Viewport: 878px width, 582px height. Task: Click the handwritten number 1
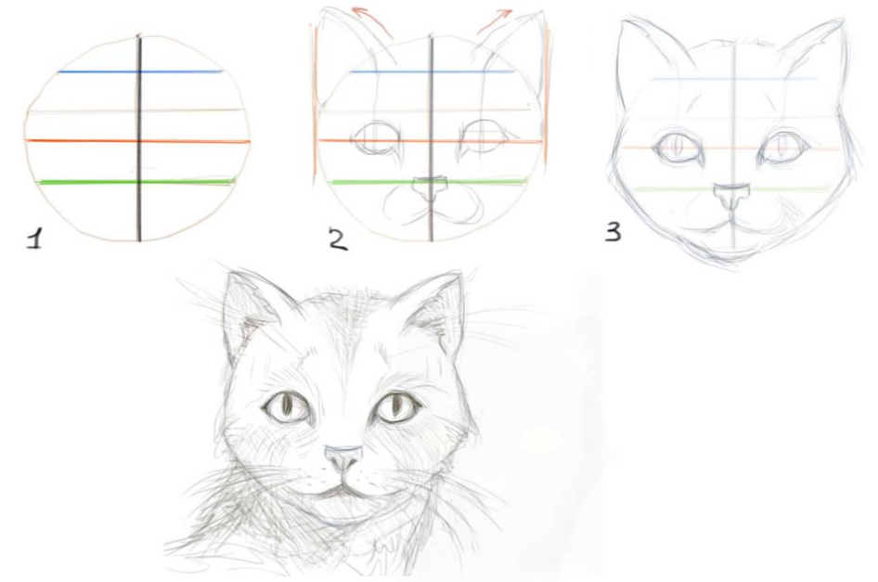(34, 238)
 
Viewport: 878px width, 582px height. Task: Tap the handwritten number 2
(338, 239)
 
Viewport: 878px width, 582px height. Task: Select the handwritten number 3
(613, 231)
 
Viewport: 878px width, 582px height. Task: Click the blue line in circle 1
(140, 71)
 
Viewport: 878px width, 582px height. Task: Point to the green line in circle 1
(137, 182)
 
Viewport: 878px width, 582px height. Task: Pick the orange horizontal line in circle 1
(137, 141)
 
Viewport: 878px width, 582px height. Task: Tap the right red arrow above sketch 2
(495, 22)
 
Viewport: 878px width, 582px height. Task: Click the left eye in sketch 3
(678, 147)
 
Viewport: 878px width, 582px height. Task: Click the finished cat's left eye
(286, 407)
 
